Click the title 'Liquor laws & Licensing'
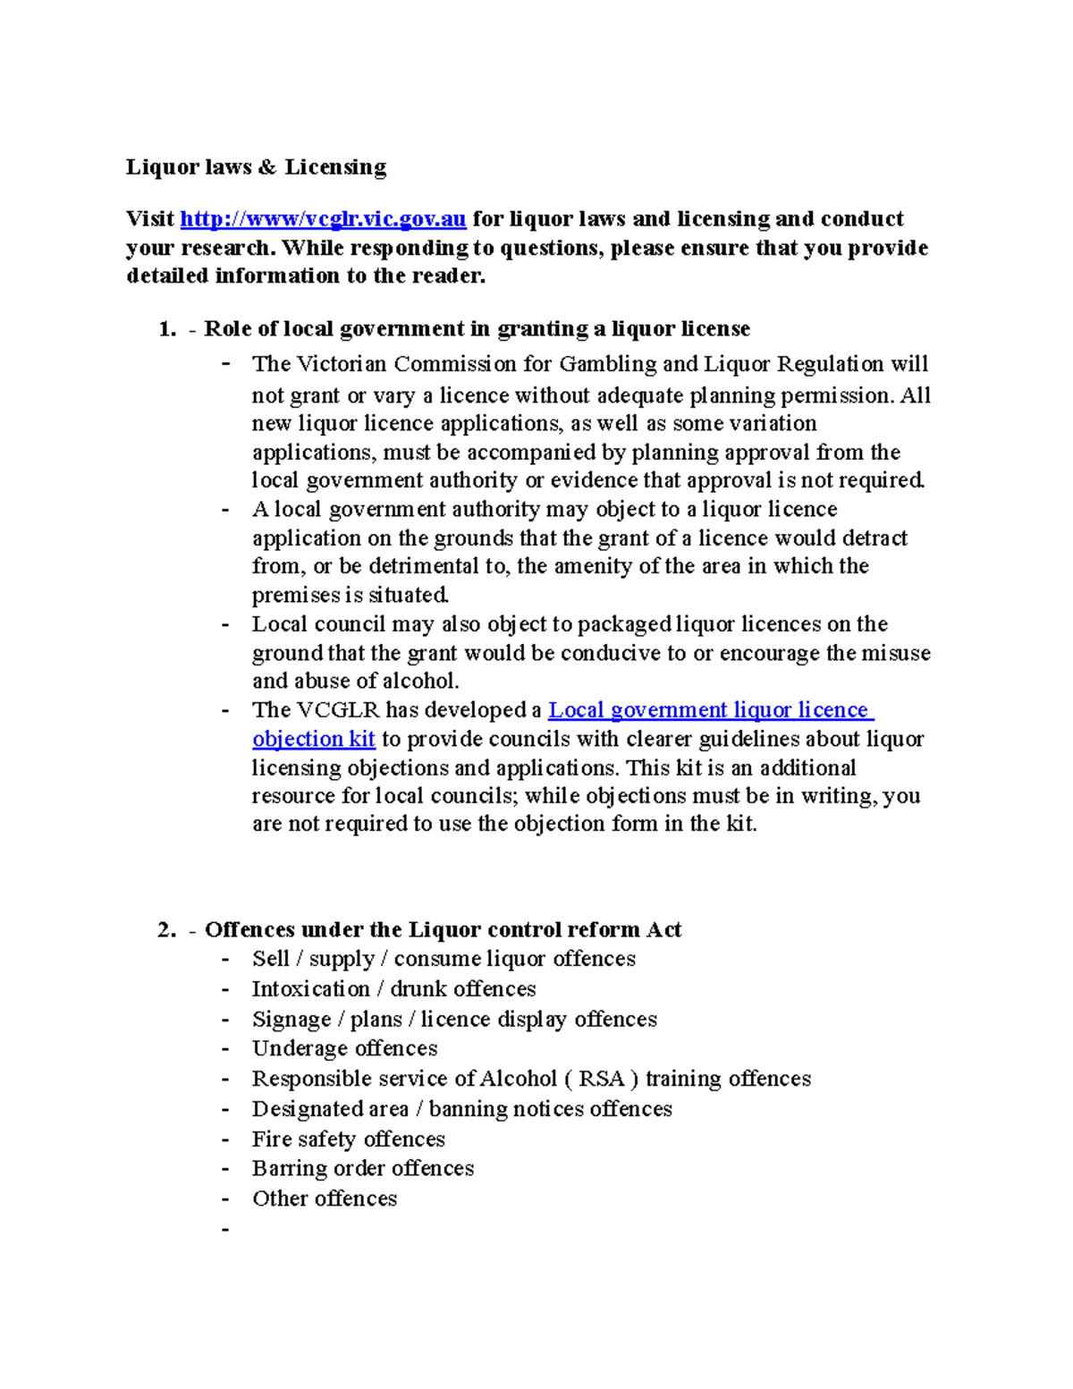tap(256, 167)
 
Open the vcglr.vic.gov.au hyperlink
tap(323, 219)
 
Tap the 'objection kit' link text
tap(313, 739)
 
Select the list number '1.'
tap(167, 329)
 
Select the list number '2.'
tap(167, 930)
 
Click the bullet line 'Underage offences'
tap(344, 1048)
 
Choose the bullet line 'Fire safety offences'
tap(348, 1139)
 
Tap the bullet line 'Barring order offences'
tap(362, 1168)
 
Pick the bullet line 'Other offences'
tap(324, 1198)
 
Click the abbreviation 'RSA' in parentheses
tap(601, 1079)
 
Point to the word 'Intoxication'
tap(310, 989)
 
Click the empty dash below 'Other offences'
tap(225, 1229)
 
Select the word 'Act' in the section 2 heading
tap(663, 930)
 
